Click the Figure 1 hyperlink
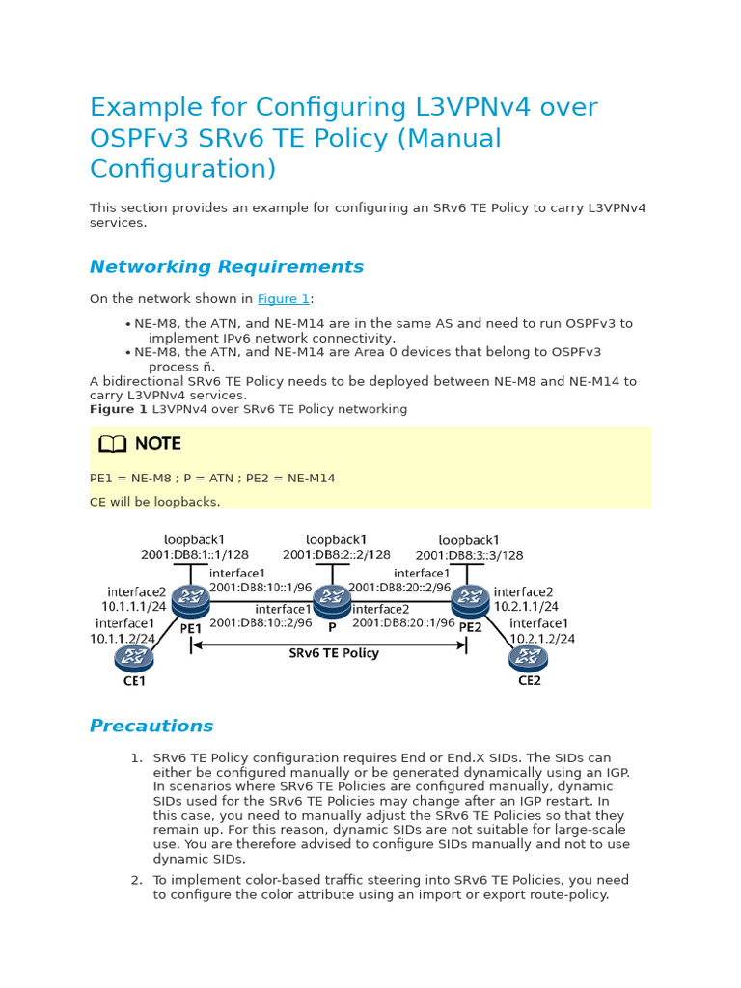pyautogui.click(x=283, y=299)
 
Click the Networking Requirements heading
pyautogui.click(x=227, y=267)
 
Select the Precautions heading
pyautogui.click(x=151, y=727)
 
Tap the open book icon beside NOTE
pyautogui.click(x=112, y=444)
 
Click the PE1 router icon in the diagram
pyautogui.click(x=191, y=601)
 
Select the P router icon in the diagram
pyautogui.click(x=332, y=601)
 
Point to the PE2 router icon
pyautogui.click(x=470, y=601)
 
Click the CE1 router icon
pyautogui.click(x=134, y=658)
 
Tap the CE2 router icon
pyautogui.click(x=529, y=658)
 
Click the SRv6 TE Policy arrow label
pyautogui.click(x=334, y=653)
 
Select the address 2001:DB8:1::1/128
pyautogui.click(x=194, y=555)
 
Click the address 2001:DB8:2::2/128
pyautogui.click(x=337, y=555)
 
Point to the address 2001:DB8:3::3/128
pyautogui.click(x=469, y=556)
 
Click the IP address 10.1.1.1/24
pyautogui.click(x=133, y=607)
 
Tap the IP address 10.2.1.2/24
pyautogui.click(x=542, y=639)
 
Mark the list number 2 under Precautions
pyautogui.click(x=136, y=880)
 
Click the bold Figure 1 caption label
pyautogui.click(x=119, y=409)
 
